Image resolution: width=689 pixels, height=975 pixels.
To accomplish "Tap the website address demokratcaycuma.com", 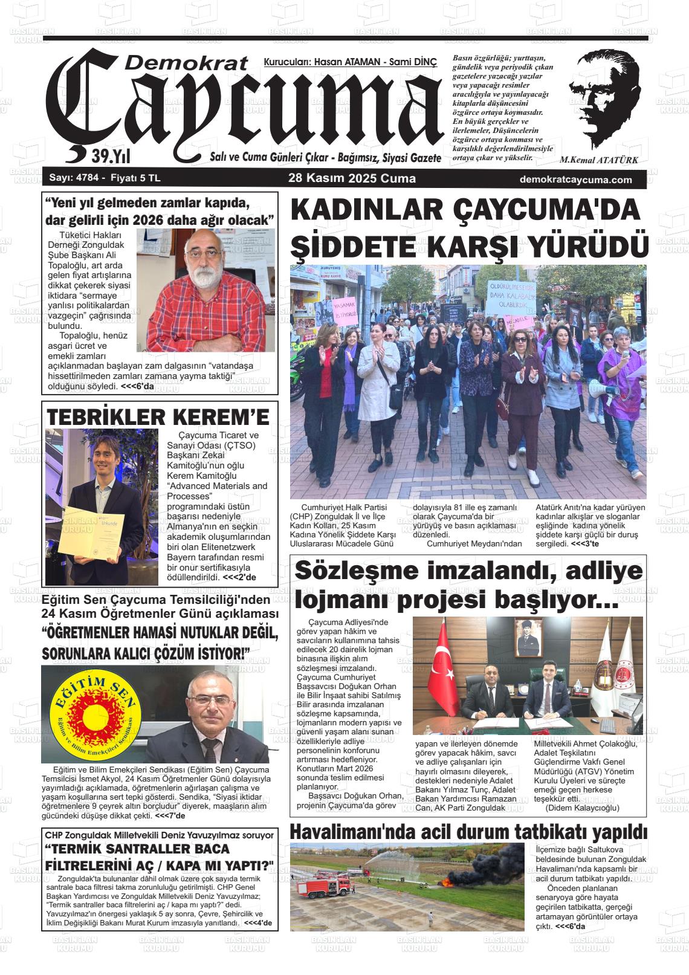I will click(575, 180).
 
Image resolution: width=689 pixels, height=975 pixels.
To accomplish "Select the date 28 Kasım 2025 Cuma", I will click(352, 179).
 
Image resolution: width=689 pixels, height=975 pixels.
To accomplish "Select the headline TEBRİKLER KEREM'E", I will click(158, 417).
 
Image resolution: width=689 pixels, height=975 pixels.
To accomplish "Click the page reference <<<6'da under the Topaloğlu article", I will click(137, 386).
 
